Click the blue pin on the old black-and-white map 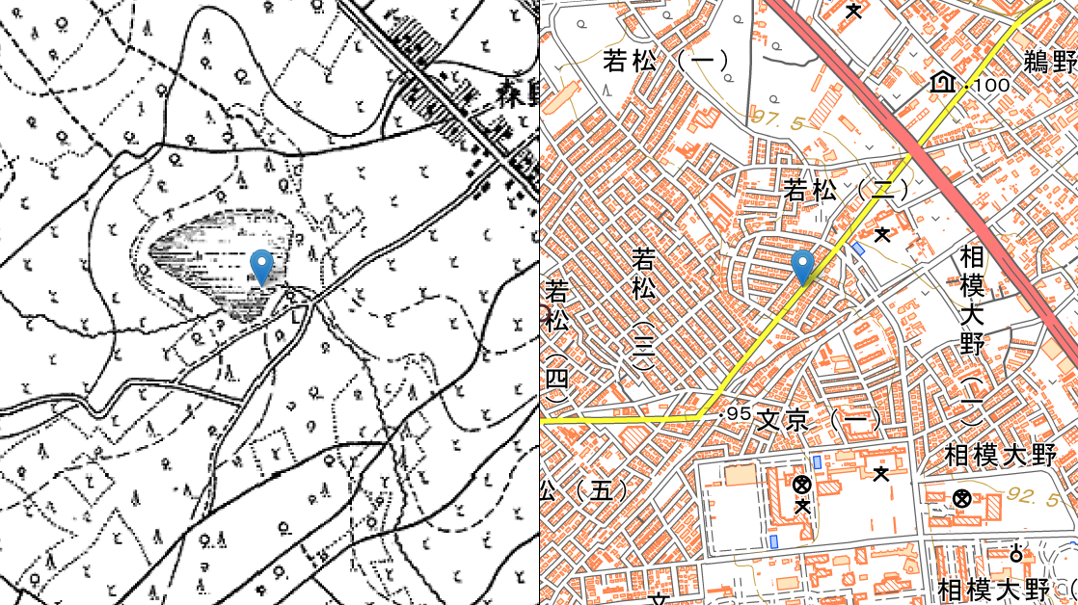(x=260, y=266)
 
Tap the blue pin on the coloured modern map (x=802, y=266)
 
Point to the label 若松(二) (x=847, y=189)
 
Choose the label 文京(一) (x=820, y=420)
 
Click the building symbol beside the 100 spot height (x=942, y=84)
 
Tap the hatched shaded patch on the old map (x=217, y=260)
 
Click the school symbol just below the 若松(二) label (x=881, y=233)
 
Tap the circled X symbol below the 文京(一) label (x=801, y=484)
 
